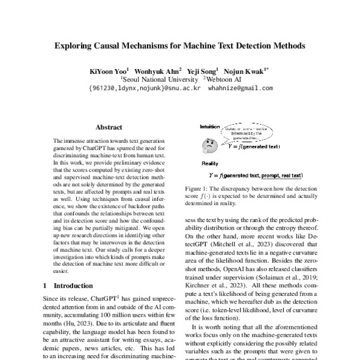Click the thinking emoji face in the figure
[x=209, y=145]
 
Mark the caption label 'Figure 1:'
[x=197, y=188]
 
